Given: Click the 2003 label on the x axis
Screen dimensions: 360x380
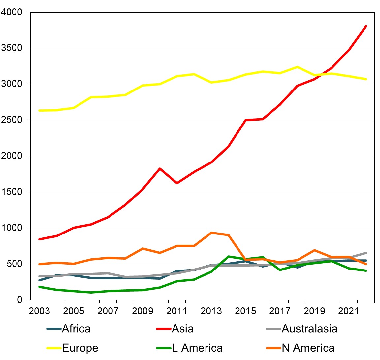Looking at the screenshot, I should [39, 311].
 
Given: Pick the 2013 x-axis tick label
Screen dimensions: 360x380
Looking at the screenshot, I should [211, 311].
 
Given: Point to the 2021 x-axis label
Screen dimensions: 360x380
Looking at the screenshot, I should [349, 311].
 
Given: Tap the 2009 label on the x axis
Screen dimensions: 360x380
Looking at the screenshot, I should [142, 311].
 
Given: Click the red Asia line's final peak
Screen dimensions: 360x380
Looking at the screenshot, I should [366, 26].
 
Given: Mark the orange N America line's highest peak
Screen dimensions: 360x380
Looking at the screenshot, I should [211, 233].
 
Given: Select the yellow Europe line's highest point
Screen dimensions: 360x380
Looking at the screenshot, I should [297, 67].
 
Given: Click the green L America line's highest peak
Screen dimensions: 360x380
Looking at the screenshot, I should [228, 256].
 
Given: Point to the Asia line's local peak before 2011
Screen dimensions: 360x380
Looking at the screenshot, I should [160, 168].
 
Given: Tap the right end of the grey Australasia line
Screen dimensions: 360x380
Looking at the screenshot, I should [366, 253].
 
